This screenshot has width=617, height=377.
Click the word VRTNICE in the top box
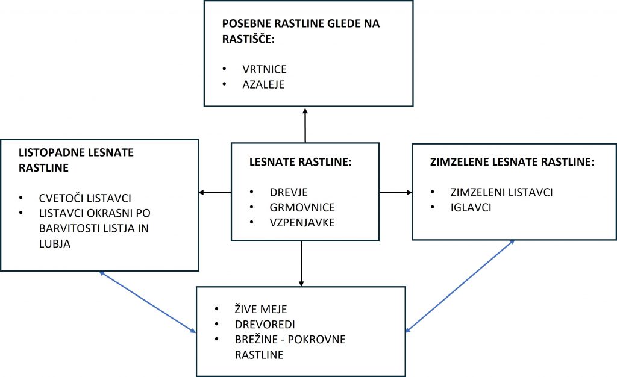click(260, 69)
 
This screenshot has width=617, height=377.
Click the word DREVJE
click(288, 193)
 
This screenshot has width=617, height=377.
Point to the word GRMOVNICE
click(302, 208)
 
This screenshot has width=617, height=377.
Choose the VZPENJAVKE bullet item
click(302, 223)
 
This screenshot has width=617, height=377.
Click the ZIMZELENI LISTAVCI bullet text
click(501, 193)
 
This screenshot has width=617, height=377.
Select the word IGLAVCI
click(470, 208)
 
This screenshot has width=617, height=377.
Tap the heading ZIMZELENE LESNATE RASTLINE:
click(512, 162)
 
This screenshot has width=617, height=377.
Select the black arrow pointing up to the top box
click(305, 124)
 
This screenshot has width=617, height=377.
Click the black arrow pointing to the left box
click(215, 193)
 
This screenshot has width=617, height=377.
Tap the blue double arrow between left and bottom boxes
click(148, 302)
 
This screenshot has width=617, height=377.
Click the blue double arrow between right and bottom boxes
click(460, 285)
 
